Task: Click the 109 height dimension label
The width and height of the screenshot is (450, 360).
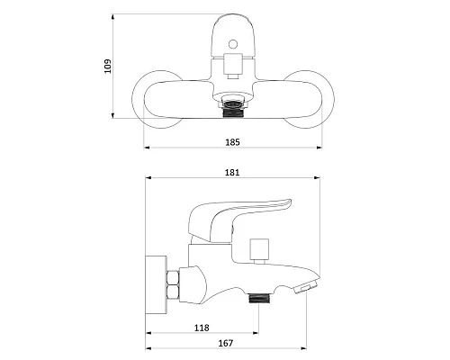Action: click(107, 66)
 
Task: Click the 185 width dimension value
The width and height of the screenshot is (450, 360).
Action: click(232, 142)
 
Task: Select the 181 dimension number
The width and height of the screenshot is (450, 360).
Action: click(232, 173)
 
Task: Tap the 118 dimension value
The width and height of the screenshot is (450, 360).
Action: click(202, 328)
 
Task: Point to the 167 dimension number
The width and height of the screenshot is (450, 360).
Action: click(225, 343)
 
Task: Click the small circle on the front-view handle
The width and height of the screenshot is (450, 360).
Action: click(233, 44)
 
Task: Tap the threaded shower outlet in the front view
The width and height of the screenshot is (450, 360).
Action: click(233, 110)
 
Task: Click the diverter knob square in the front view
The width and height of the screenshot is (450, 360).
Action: click(233, 64)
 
